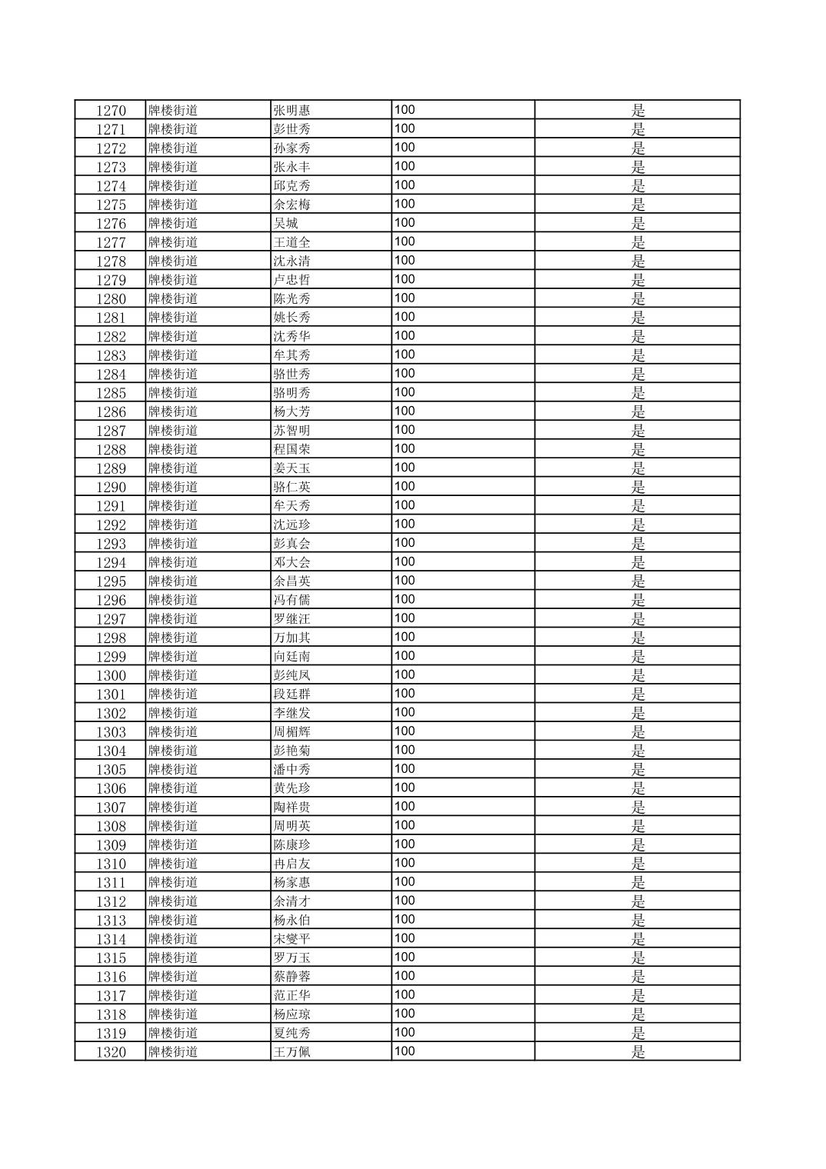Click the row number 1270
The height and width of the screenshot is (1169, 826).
click(x=111, y=110)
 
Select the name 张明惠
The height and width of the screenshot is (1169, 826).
click(x=291, y=110)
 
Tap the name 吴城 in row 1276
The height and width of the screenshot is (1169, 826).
click(x=285, y=223)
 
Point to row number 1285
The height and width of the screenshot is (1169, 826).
click(x=111, y=393)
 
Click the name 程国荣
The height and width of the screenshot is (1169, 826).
click(x=291, y=449)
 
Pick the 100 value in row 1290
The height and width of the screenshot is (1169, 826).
click(x=405, y=486)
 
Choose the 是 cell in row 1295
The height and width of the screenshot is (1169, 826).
click(x=638, y=581)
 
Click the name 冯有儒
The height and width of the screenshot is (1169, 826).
click(x=291, y=600)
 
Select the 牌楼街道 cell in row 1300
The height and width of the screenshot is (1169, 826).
click(x=173, y=675)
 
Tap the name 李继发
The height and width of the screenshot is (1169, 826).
click(x=291, y=713)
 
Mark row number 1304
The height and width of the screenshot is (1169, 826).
click(x=111, y=751)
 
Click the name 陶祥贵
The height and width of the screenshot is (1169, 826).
click(x=291, y=807)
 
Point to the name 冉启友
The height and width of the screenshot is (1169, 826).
click(x=291, y=864)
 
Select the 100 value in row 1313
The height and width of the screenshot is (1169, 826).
click(x=405, y=919)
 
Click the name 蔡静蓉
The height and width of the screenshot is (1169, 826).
click(x=291, y=977)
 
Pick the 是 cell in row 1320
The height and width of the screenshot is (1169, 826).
click(x=638, y=1052)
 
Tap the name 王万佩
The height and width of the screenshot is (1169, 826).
click(x=291, y=1052)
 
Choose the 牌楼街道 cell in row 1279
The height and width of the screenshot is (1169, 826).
click(x=173, y=280)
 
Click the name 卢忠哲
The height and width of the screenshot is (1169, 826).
click(x=291, y=280)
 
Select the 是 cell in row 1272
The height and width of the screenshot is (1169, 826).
click(x=638, y=148)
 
